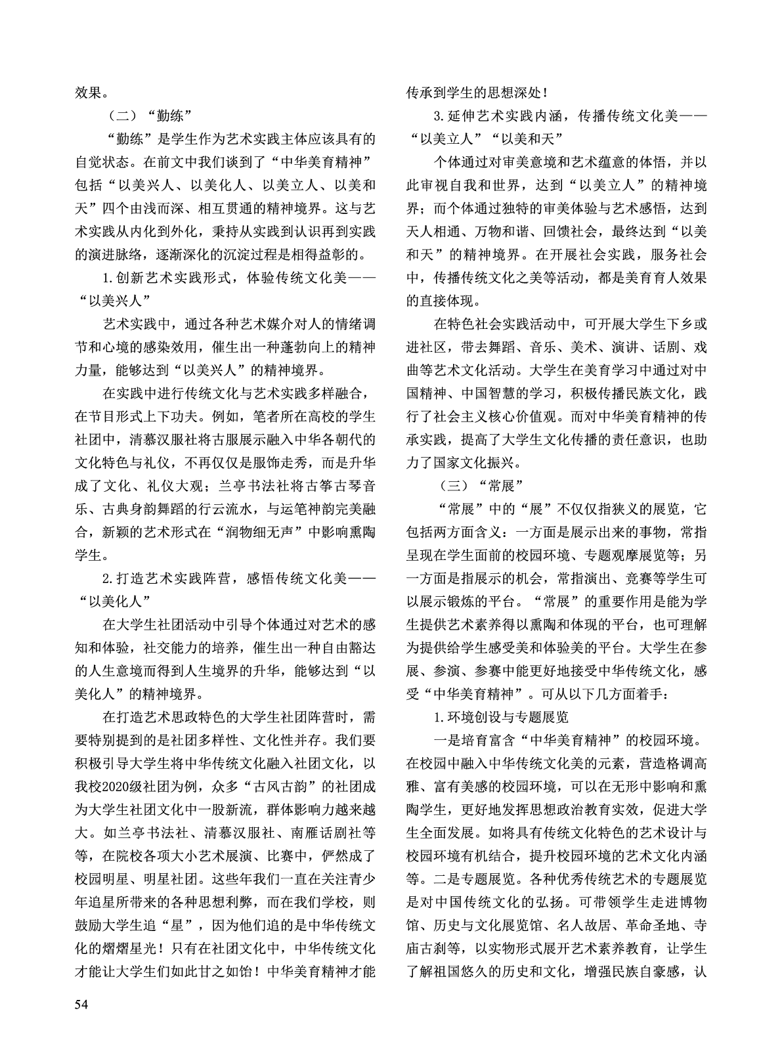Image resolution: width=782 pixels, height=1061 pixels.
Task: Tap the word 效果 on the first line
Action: point(88,93)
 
